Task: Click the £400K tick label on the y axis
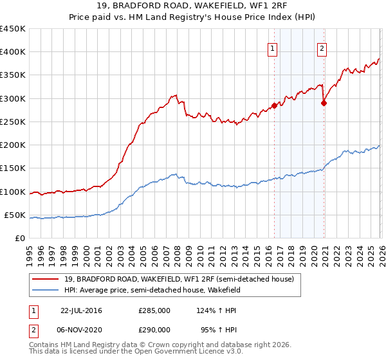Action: coord(12,52)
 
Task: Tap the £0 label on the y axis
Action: coord(21,239)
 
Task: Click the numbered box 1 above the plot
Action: coord(272,48)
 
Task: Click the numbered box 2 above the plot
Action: coord(321,48)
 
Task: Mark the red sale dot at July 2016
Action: coord(275,105)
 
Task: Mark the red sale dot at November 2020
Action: coord(324,103)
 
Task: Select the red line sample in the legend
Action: coord(45,279)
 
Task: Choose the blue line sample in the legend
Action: coord(45,291)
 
